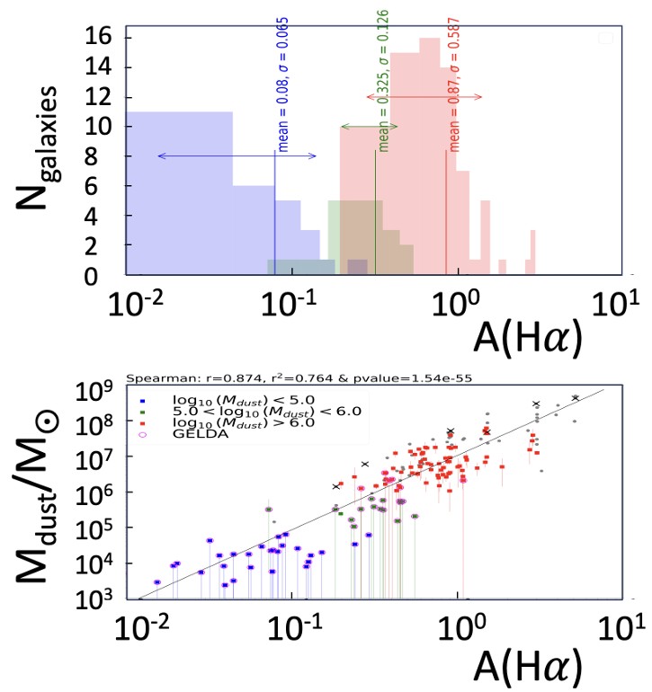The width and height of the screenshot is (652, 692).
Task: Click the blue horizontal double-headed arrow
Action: pyautogui.click(x=237, y=155)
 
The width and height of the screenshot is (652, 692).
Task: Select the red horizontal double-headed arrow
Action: pyautogui.click(x=424, y=96)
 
